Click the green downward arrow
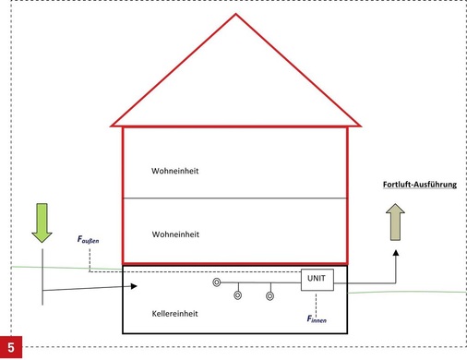click(42, 222)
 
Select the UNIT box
click(317, 277)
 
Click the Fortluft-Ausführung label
click(419, 185)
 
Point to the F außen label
click(88, 239)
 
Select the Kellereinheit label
click(176, 314)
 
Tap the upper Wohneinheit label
click(176, 172)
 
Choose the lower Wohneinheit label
click(176, 234)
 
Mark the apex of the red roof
click(235, 15)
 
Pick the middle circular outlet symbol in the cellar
click(237, 296)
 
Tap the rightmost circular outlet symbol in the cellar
click(269, 296)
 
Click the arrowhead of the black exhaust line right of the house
click(395, 250)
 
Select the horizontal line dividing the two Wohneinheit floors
click(235, 198)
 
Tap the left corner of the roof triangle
click(113, 124)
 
